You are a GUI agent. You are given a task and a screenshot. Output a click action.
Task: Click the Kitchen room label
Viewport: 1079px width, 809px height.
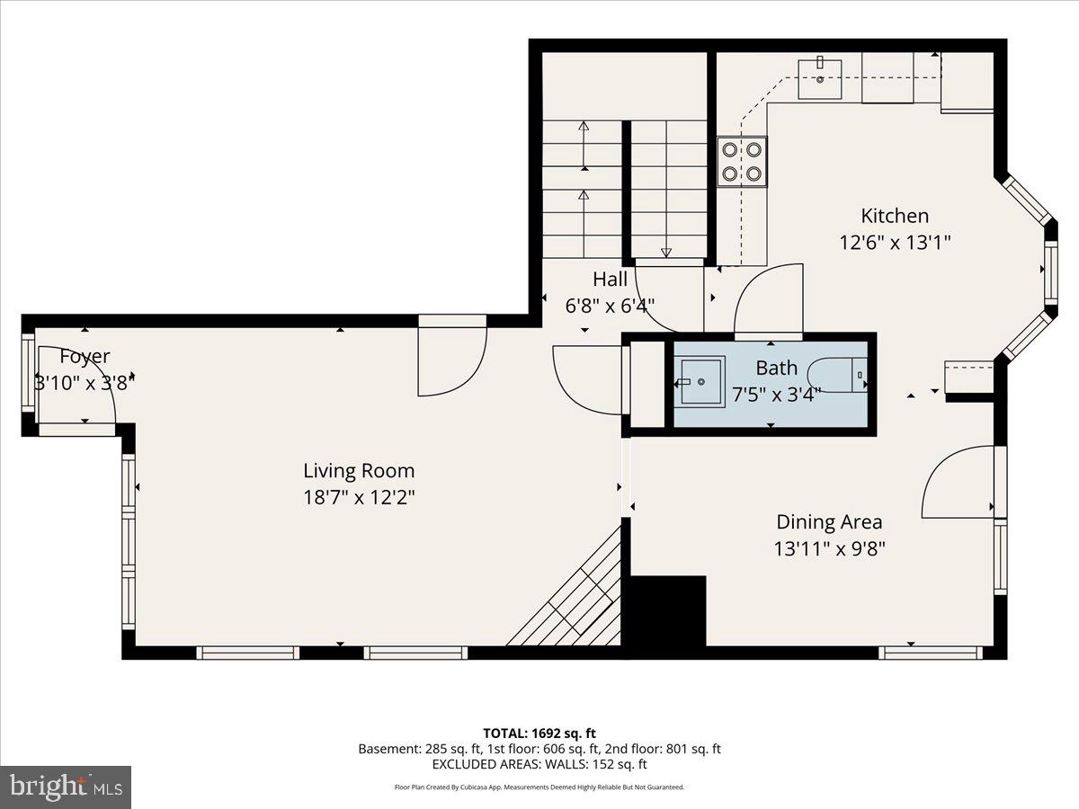point(894,216)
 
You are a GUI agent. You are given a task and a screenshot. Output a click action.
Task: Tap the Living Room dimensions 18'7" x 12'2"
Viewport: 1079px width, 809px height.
point(358,497)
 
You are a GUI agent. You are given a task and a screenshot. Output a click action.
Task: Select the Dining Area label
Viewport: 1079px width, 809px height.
point(829,521)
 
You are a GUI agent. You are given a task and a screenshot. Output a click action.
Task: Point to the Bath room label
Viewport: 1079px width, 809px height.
point(776,368)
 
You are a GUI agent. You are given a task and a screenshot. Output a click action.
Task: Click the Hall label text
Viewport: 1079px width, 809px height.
point(610,280)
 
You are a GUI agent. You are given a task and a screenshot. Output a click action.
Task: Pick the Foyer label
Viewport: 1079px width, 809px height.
point(85,357)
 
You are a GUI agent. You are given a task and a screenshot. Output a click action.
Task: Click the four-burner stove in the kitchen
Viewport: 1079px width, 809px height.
point(742,162)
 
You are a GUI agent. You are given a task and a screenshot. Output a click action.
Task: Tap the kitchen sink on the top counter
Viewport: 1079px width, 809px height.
point(820,79)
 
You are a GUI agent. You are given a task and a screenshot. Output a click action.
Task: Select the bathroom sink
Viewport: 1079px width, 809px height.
point(701,382)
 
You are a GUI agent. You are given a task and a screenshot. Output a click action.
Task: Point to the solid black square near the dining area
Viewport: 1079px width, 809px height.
point(667,611)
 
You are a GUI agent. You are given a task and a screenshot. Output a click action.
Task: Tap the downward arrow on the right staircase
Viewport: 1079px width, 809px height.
point(666,253)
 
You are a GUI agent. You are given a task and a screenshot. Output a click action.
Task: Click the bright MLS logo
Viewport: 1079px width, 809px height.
point(66,787)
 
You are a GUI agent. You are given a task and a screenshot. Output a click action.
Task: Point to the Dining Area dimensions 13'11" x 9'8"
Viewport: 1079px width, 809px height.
point(829,548)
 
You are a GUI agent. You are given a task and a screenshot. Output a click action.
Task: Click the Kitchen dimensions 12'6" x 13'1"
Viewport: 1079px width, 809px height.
point(894,242)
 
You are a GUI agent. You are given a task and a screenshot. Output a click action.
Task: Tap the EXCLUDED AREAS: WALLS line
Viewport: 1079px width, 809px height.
point(539,765)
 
